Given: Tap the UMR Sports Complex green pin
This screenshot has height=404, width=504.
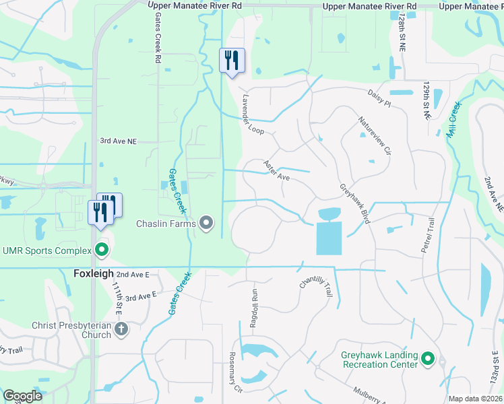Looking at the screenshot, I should pyautogui.click(x=102, y=250).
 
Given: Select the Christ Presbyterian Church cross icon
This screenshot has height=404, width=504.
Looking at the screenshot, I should pyautogui.click(x=121, y=329).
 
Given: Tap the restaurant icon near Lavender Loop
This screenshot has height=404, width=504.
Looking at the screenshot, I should pyautogui.click(x=232, y=61).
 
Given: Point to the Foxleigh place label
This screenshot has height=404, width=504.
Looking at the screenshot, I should pyautogui.click(x=93, y=275).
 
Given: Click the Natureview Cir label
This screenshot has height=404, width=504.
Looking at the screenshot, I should pyautogui.click(x=375, y=135).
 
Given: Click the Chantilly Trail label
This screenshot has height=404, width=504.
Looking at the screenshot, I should pyautogui.click(x=316, y=292).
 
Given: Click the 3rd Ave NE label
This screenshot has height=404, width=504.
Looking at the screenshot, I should pyautogui.click(x=119, y=141).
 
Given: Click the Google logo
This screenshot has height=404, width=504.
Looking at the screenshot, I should pyautogui.click(x=23, y=396).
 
